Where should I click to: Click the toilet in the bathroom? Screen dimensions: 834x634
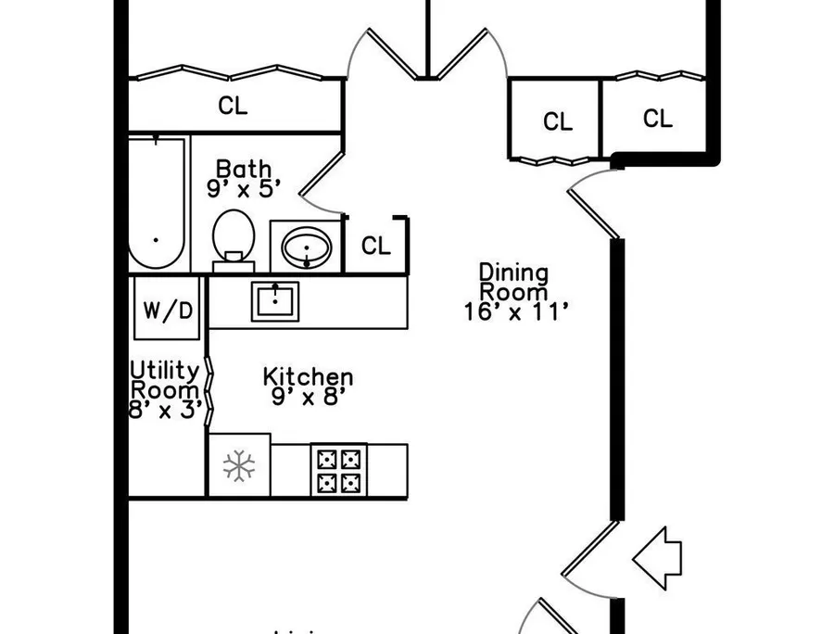click(234, 240)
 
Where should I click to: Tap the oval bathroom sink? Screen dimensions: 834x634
click(307, 247)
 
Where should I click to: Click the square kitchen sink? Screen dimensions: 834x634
click(275, 301)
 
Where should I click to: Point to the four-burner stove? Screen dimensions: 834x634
click(339, 470)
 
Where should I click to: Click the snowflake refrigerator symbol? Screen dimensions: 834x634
click(239, 466)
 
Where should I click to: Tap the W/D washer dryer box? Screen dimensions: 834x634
click(167, 308)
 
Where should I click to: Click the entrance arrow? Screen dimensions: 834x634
click(657, 559)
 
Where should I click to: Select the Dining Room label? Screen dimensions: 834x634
click(513, 283)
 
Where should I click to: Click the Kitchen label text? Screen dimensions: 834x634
click(308, 376)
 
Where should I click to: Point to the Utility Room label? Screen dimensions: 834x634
click(165, 380)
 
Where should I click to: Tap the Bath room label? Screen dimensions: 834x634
click(244, 169)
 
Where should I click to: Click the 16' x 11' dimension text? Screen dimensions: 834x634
click(517, 311)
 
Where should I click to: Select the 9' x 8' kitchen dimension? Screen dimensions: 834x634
click(309, 397)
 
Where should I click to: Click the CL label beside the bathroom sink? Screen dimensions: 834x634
click(376, 246)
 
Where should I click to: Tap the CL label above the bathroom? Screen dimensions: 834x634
click(233, 106)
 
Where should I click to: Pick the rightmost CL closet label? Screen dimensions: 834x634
click(658, 118)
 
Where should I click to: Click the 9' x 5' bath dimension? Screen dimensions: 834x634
click(244, 188)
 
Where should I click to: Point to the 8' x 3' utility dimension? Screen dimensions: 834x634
click(166, 410)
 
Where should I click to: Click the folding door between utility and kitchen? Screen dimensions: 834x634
click(209, 391)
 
